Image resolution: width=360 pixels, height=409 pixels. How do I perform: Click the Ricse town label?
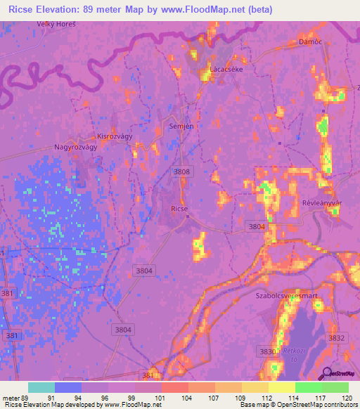pos(179,209)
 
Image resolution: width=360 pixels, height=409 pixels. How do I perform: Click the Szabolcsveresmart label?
pos(286,297)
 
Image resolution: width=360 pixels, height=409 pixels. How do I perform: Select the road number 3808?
pos(182,171)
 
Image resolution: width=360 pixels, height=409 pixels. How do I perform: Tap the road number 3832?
pos(337,338)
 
